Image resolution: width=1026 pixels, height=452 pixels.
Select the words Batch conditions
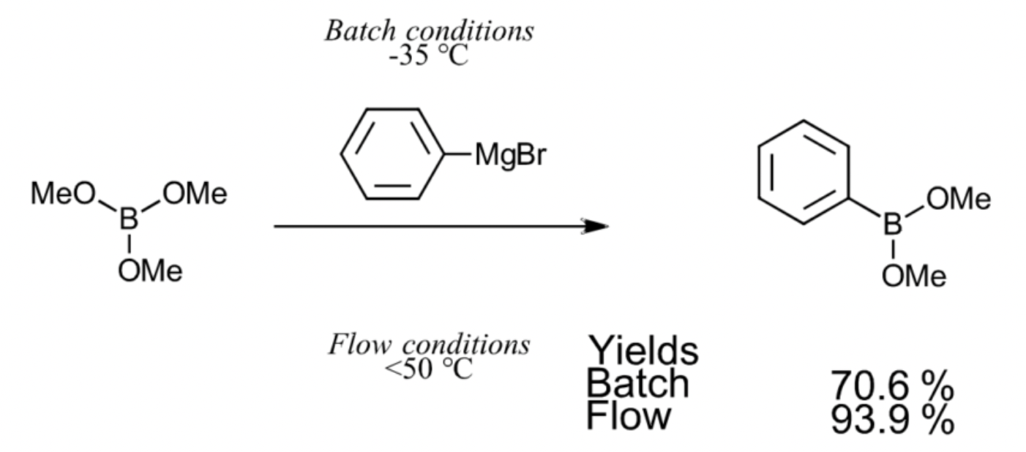(x=430, y=31)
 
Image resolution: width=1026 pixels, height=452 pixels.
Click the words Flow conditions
(x=430, y=344)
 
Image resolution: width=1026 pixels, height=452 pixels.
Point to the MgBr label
(x=510, y=155)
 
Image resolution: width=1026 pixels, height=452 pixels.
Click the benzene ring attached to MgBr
(x=393, y=154)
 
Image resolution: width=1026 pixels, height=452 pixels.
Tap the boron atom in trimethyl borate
(x=130, y=220)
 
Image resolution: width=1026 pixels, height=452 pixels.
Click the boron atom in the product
(x=891, y=225)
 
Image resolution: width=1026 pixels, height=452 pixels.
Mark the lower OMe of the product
(x=913, y=276)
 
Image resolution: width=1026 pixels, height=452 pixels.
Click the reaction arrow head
(x=596, y=226)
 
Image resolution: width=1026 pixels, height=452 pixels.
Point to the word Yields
(x=643, y=350)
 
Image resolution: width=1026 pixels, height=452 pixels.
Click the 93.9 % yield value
(x=892, y=419)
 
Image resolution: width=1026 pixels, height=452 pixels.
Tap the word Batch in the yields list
(x=638, y=383)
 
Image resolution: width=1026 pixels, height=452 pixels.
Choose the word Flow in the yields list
(x=629, y=416)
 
